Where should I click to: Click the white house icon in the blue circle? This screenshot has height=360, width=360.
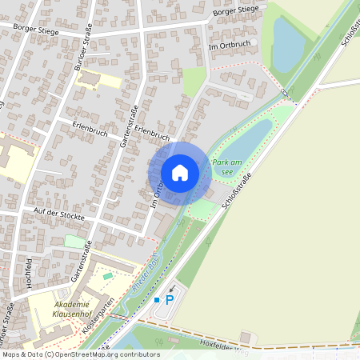(x=180, y=173)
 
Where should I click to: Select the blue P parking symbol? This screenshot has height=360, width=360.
(x=169, y=300)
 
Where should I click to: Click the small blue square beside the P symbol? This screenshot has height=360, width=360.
(x=157, y=300)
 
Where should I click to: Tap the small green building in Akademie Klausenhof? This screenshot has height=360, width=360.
(x=108, y=276)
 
